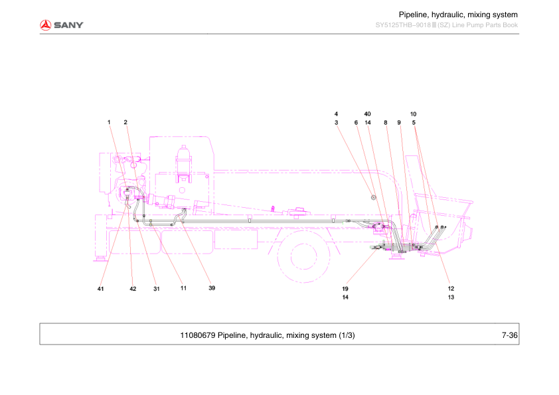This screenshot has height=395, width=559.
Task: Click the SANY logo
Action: tap(61, 25)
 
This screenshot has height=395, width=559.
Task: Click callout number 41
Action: tap(101, 289)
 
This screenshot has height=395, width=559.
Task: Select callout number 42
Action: tap(133, 289)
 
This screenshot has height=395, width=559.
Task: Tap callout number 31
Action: tap(157, 289)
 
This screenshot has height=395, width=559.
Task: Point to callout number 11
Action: tap(183, 289)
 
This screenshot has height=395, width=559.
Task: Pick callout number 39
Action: tap(212, 289)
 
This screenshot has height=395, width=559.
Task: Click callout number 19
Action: tap(345, 289)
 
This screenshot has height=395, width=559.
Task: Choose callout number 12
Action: tap(451, 289)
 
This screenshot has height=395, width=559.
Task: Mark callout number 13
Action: tap(451, 297)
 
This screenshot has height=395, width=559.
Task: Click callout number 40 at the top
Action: tap(367, 114)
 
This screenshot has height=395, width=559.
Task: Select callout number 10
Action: tap(413, 114)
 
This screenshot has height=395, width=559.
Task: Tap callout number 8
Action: tap(385, 122)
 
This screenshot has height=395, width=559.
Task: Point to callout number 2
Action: tap(125, 122)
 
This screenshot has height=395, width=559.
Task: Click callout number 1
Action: tap(109, 122)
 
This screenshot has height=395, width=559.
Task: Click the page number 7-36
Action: tap(509, 335)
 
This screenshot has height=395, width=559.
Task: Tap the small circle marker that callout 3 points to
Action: tap(374, 197)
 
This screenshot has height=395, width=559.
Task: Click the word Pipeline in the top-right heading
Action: tap(413, 15)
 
